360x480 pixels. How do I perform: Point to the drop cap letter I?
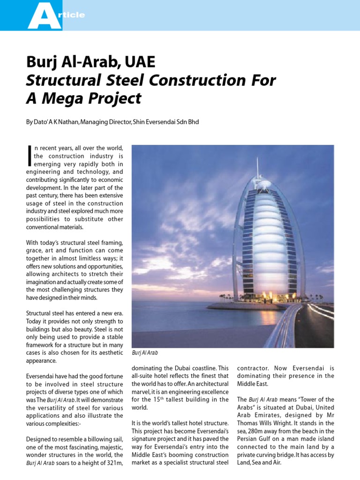click(x=29, y=156)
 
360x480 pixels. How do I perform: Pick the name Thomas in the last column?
click(x=249, y=423)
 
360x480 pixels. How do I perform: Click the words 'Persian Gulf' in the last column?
click(x=256, y=439)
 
